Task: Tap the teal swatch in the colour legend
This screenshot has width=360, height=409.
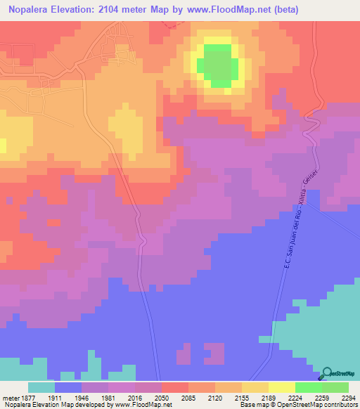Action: pyautogui.click(x=41, y=387)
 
